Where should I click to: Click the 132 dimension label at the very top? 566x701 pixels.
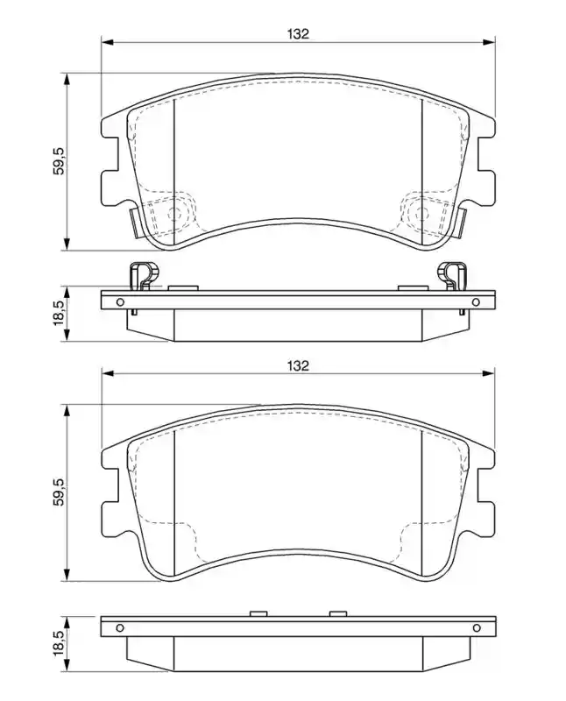point(298,34)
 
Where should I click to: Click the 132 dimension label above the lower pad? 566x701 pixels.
point(298,365)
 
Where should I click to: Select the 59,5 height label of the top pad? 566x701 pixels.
point(60,161)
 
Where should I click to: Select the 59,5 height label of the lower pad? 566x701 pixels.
point(60,492)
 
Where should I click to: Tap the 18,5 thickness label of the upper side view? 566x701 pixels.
point(60,314)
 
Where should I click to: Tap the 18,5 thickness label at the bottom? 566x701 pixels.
point(60,644)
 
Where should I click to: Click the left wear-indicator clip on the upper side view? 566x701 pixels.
point(144,277)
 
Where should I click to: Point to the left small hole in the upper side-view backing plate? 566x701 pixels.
point(120,302)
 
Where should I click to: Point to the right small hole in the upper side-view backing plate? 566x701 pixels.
point(476,302)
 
